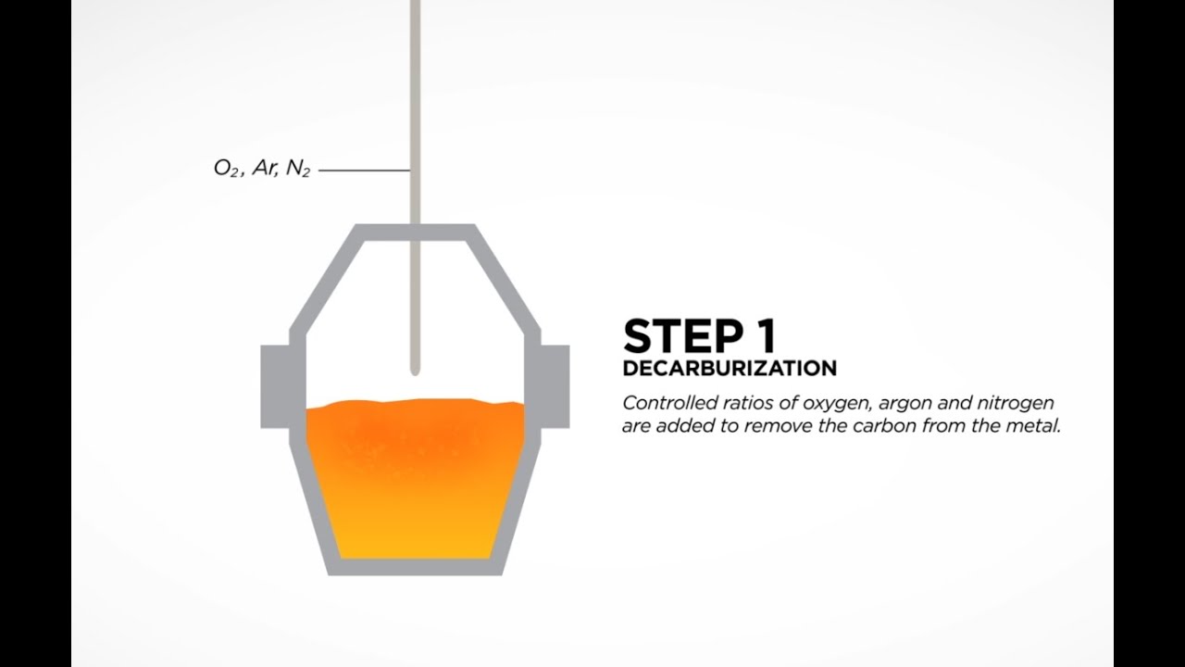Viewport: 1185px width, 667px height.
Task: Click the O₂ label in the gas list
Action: click(x=227, y=169)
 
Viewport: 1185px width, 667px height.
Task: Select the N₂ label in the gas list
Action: click(x=298, y=169)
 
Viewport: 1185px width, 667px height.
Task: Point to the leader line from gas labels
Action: click(x=365, y=170)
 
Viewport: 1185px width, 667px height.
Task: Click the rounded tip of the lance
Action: click(x=416, y=371)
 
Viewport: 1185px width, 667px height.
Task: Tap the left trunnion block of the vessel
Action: click(x=275, y=386)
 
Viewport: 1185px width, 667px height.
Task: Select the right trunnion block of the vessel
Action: click(x=555, y=386)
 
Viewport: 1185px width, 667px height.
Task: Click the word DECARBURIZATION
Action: click(x=730, y=369)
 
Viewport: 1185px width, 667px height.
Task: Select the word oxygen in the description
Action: click(x=837, y=404)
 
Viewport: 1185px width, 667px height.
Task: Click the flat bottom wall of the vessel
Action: click(x=416, y=567)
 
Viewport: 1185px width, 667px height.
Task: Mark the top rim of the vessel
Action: click(x=416, y=232)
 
